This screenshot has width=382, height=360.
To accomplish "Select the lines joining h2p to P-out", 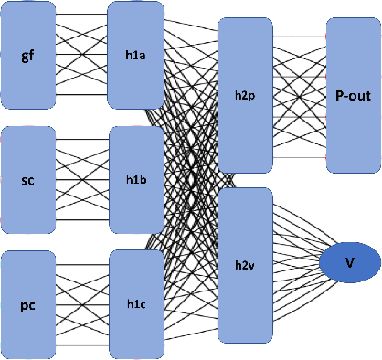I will point(300,96).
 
